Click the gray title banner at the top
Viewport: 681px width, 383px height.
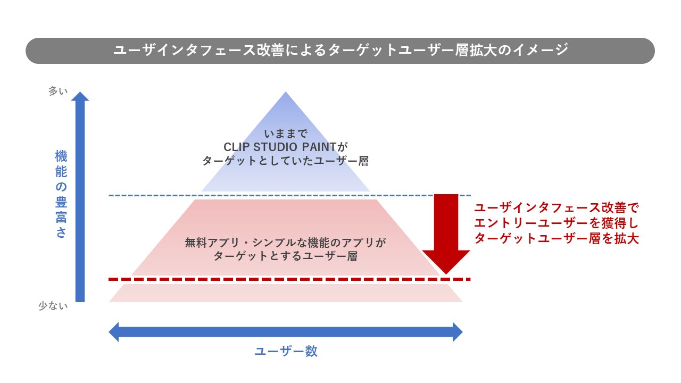340,51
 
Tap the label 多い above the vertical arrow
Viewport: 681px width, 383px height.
58,91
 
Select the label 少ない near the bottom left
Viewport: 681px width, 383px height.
53,306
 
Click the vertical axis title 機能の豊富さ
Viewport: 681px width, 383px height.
61,194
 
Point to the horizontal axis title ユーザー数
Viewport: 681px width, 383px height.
286,352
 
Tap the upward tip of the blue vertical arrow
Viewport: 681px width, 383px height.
80,95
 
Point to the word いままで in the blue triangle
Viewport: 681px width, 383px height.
286,133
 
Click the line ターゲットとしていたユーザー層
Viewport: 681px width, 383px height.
285,161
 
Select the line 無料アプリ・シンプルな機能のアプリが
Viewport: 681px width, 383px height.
285,243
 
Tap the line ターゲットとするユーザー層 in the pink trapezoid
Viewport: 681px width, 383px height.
285,256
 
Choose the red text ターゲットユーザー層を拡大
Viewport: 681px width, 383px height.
556,238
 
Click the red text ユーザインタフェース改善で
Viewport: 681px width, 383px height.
556,207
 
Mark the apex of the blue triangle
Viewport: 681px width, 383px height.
286,94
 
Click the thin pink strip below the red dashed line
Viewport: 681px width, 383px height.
286,293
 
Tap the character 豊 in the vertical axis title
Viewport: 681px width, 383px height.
61,203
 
